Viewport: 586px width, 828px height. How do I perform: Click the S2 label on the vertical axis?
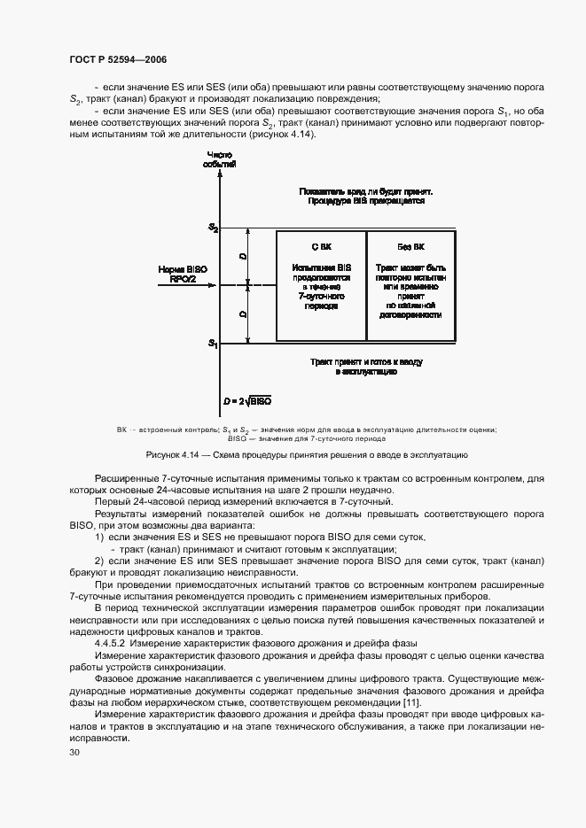point(213,228)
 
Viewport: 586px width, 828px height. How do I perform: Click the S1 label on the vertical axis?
point(213,343)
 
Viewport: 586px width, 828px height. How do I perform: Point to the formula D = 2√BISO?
point(247,401)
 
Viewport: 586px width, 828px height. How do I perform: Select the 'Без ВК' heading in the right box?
point(410,245)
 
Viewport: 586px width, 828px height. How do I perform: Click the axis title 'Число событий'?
point(220,159)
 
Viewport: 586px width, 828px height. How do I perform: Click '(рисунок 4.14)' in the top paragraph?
point(281,134)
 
